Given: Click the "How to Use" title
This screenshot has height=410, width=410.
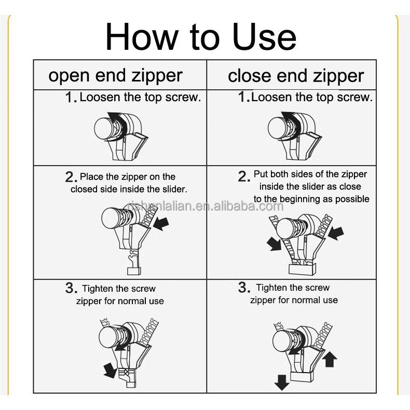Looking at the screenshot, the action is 201,37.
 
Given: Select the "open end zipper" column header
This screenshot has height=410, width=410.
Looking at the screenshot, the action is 115,76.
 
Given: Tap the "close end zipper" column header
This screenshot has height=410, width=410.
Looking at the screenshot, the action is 296,76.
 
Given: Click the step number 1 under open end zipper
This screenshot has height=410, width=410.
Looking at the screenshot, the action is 71,97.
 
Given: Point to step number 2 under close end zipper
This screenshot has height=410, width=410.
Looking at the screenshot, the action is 244,176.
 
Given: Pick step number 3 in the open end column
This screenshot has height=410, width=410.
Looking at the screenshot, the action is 72,288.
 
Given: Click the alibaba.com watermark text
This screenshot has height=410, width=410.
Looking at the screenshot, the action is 206,206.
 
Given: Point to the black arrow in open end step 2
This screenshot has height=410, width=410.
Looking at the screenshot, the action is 160,224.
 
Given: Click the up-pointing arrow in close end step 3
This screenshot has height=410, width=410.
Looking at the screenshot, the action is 330,359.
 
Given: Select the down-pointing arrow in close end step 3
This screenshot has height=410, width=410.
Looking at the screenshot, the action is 282,382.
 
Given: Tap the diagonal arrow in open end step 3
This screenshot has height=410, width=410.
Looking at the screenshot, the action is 110,370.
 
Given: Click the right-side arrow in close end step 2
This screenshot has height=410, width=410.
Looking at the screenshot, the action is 336,233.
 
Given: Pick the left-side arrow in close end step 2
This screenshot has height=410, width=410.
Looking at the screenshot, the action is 275,244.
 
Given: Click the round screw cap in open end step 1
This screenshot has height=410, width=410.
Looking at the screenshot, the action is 104,128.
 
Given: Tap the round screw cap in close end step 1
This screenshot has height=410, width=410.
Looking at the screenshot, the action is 278,128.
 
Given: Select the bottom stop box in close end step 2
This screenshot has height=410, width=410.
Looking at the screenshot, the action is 302,269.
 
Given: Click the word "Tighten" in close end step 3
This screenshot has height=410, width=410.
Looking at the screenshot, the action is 270,288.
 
